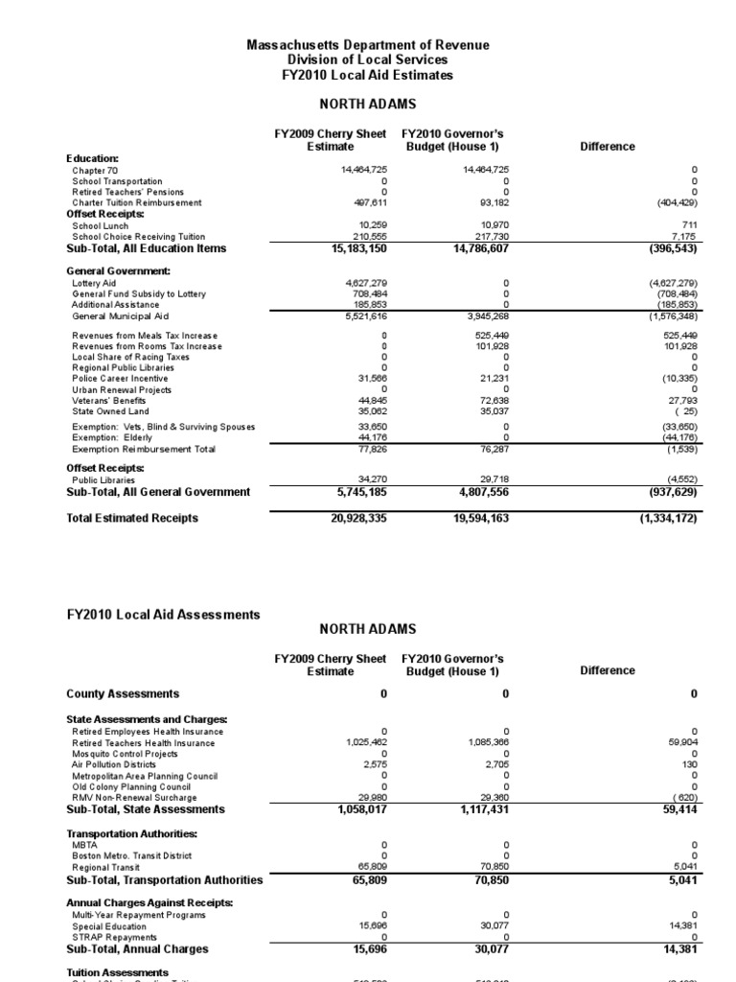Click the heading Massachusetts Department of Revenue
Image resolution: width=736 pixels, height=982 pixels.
(x=368, y=45)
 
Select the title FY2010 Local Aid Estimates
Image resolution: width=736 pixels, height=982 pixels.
(x=368, y=75)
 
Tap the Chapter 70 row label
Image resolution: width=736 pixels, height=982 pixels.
(x=93, y=170)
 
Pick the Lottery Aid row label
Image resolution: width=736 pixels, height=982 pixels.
(x=94, y=284)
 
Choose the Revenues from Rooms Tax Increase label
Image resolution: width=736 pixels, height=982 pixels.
(x=146, y=345)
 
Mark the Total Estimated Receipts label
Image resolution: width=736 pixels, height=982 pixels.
(x=132, y=518)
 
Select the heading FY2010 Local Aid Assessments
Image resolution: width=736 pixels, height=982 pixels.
(x=163, y=614)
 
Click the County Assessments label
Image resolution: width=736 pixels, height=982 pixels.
(x=122, y=693)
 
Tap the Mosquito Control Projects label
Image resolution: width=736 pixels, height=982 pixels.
(x=126, y=754)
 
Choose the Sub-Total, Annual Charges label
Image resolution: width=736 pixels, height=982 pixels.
(x=137, y=948)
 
